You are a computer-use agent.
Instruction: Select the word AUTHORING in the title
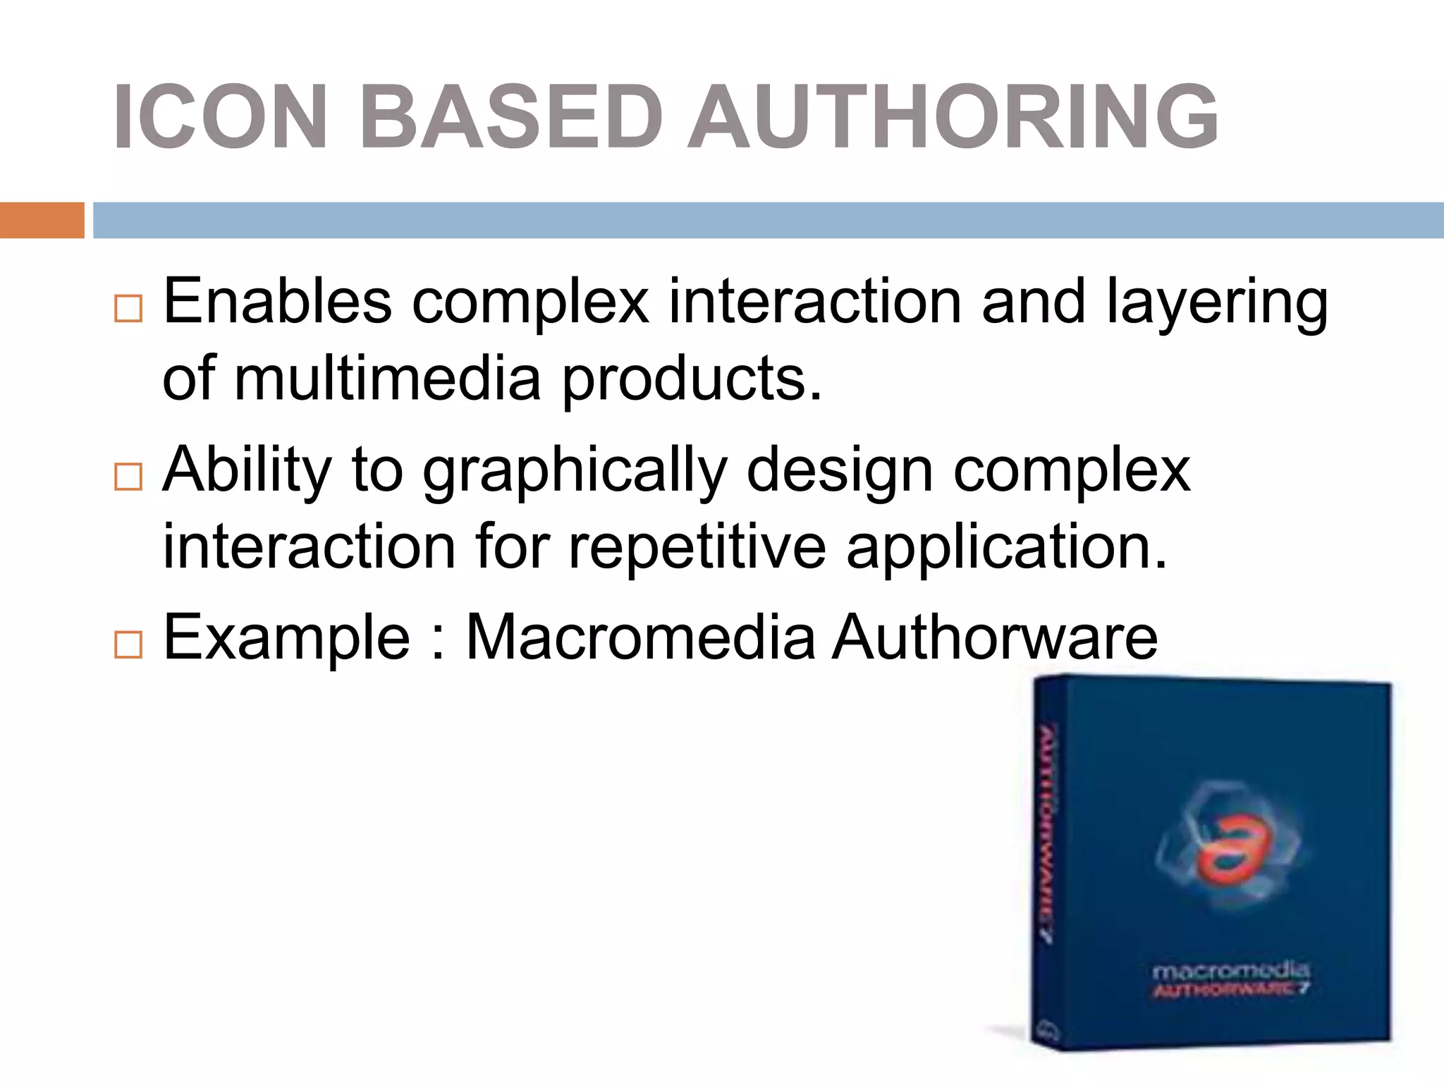[953, 117]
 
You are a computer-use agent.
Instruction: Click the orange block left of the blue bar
[42, 220]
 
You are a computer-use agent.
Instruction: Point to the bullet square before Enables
[128, 308]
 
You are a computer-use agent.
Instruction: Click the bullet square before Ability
[128, 477]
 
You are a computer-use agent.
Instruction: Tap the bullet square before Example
[128, 644]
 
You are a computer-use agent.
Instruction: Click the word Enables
[277, 302]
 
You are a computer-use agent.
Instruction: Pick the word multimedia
[387, 379]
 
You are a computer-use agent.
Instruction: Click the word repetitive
[697, 547]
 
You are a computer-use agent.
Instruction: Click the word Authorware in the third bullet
[995, 637]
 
